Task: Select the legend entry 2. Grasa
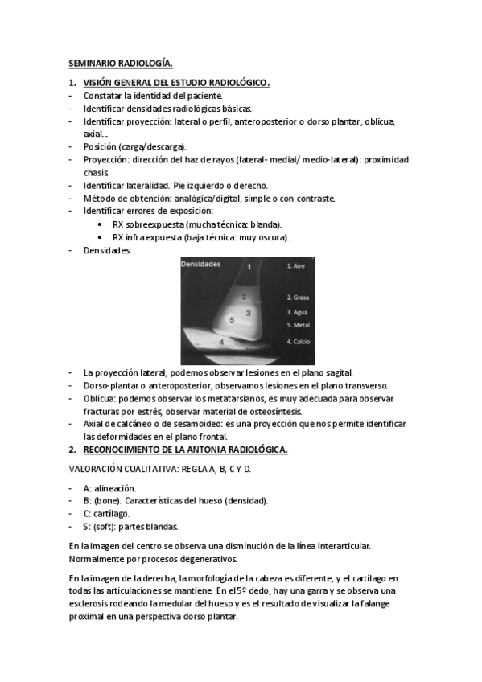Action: click(299, 297)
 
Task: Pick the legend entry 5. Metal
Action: click(299, 325)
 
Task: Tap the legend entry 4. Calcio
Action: click(299, 342)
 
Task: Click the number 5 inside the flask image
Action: click(232, 319)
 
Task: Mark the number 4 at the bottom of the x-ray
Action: click(221, 343)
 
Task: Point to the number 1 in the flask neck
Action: click(249, 265)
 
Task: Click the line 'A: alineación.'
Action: click(109, 487)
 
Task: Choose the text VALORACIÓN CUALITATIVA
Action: click(122, 470)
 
